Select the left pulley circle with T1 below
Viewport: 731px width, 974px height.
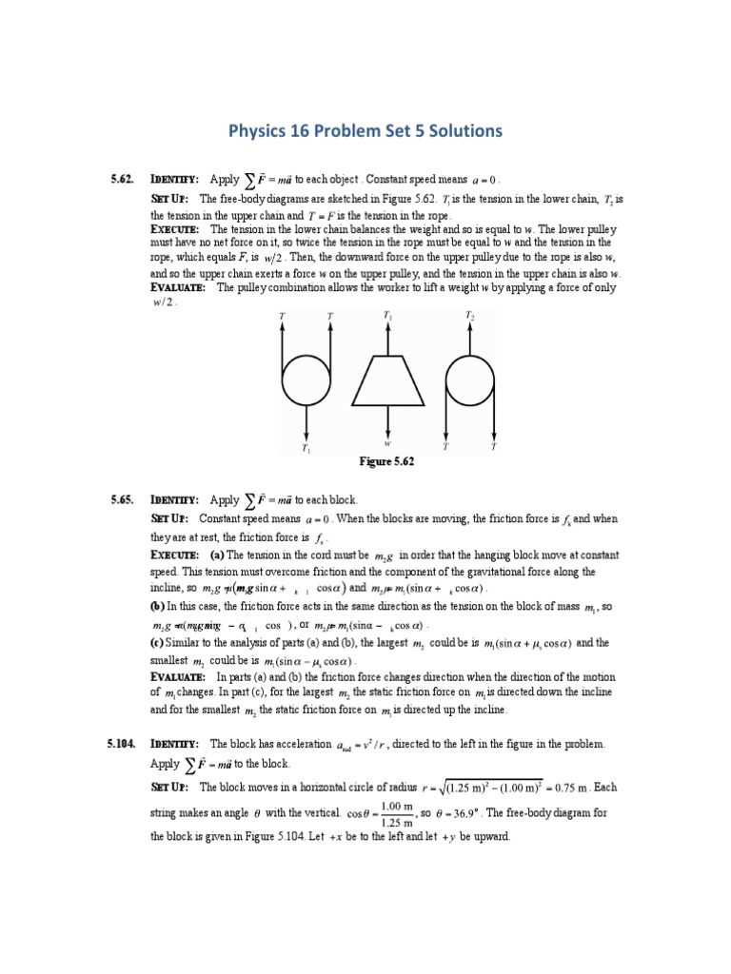pyautogui.click(x=306, y=380)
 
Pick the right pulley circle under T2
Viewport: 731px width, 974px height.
pyautogui.click(x=469, y=380)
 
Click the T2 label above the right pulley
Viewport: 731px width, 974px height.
pyautogui.click(x=469, y=314)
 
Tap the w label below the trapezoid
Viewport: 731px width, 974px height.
pyautogui.click(x=387, y=442)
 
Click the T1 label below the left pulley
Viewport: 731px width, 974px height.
pyautogui.click(x=306, y=447)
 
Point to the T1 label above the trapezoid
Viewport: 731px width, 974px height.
pyautogui.click(x=387, y=314)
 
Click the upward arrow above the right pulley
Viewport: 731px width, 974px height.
pyautogui.click(x=469, y=338)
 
